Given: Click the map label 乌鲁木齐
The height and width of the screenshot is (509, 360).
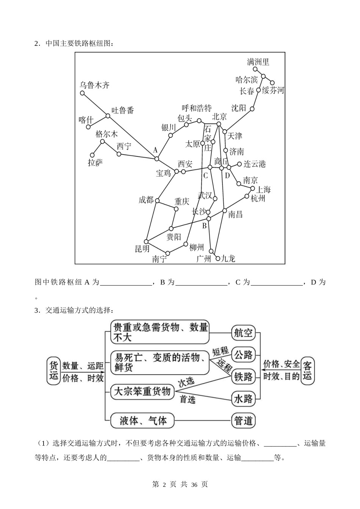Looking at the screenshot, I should coord(94,85).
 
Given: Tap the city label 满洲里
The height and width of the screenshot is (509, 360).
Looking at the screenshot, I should coord(258,62).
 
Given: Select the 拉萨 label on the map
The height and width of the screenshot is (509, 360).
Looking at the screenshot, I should coord(95,162).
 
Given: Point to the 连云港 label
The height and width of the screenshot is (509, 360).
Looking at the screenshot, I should coord(254,164).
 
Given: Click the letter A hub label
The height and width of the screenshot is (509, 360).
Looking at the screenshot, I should coord(155,150).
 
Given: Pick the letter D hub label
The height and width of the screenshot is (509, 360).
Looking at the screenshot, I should coord(227,175).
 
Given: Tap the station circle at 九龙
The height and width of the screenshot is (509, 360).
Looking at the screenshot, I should coord(218,259).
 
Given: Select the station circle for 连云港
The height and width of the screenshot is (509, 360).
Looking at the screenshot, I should coord(239,164).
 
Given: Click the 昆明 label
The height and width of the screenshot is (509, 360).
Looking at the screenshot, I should coord(142,248).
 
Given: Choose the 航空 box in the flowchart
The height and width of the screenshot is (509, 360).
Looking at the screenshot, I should coord(243,333).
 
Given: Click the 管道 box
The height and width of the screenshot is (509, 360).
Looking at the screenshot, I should coord(243,420).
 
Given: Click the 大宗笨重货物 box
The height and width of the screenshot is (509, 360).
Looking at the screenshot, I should coord(142,392).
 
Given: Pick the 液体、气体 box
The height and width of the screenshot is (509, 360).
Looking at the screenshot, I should coord(142,420).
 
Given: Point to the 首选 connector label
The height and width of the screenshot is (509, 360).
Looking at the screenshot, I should coord(187,399).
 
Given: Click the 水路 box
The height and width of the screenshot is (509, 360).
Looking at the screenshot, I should coord(243,398).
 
